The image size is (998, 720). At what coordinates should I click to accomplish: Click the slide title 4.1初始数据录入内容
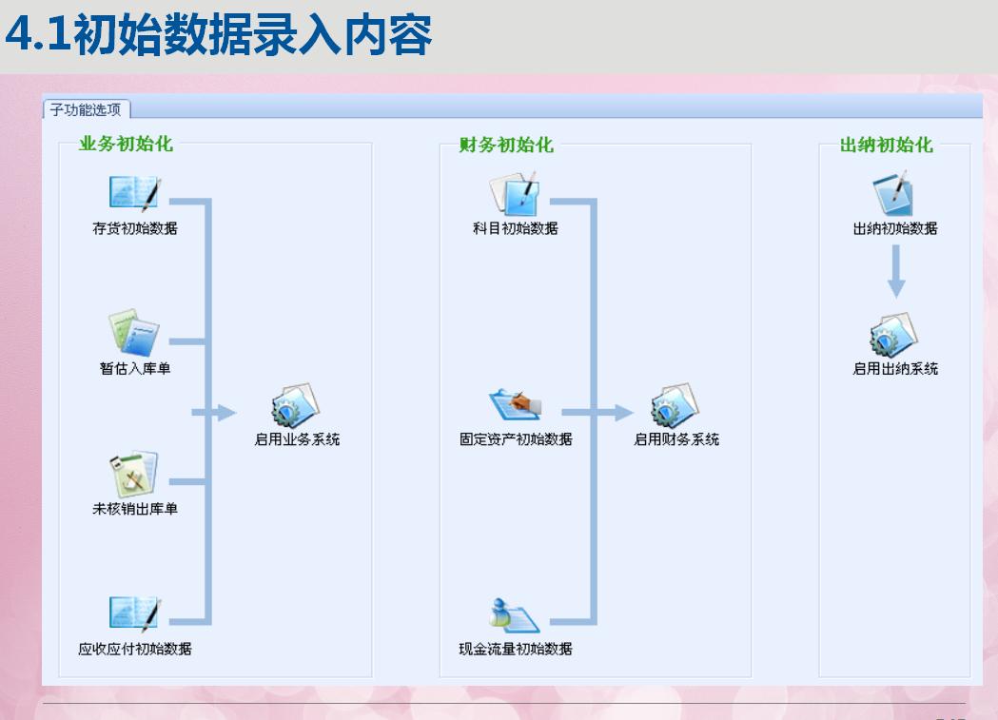click(218, 35)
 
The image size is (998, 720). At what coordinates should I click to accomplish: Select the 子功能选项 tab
click(86, 109)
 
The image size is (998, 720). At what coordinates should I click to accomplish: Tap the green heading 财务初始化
click(505, 145)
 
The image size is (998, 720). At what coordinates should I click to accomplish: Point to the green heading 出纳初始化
click(886, 145)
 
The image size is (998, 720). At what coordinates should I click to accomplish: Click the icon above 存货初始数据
click(134, 193)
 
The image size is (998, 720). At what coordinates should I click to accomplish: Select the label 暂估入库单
click(135, 368)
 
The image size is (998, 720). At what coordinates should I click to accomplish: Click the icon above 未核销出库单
click(133, 474)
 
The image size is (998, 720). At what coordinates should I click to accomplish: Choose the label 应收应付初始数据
click(135, 649)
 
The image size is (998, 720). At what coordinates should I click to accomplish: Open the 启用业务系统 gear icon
click(294, 406)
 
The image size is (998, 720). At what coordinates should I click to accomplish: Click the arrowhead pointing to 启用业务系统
click(225, 413)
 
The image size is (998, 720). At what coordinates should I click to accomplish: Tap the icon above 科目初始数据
click(515, 193)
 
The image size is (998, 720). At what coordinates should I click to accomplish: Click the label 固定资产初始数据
click(516, 438)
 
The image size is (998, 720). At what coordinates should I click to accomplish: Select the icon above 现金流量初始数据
click(514, 615)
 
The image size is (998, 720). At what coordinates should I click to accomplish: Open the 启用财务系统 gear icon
click(675, 406)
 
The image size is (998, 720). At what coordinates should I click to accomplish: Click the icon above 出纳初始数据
click(894, 193)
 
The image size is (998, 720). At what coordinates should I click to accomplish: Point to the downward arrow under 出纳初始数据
click(895, 276)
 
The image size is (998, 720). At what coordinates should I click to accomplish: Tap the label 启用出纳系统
click(895, 368)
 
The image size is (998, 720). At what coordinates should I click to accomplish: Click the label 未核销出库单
click(135, 509)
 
